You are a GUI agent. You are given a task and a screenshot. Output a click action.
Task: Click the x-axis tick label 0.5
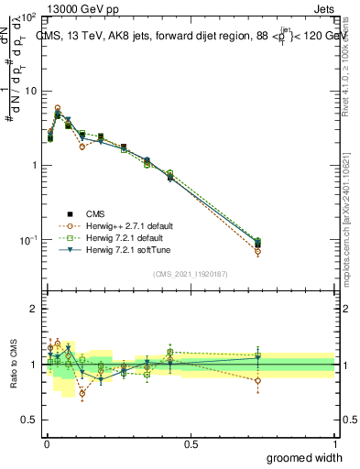click(x=191, y=442)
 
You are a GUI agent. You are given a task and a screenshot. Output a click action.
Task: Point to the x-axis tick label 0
click(x=47, y=442)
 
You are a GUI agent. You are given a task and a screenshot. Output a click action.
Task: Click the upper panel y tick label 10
click(x=27, y=92)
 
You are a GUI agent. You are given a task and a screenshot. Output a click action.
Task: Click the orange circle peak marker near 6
click(x=58, y=108)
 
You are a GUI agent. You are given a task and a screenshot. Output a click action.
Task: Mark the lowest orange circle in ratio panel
click(x=82, y=394)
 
